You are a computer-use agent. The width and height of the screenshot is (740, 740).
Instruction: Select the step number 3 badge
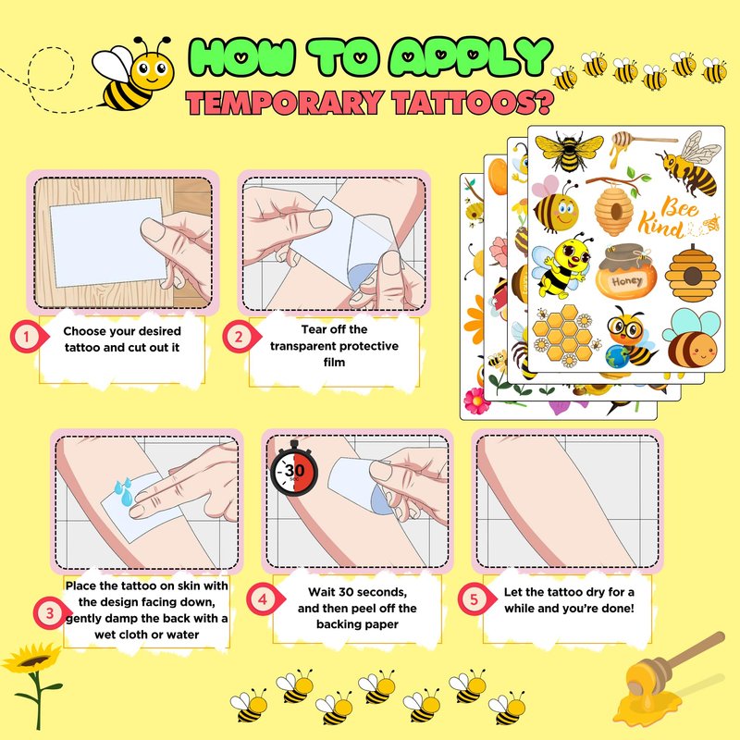pos(51,613)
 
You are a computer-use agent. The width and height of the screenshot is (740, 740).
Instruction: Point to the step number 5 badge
pos(475,598)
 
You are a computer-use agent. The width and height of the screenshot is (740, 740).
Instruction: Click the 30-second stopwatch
pos(294,470)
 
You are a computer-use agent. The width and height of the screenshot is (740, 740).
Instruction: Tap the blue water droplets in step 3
pos(124,492)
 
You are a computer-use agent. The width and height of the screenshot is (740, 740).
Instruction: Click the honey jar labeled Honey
pos(626,271)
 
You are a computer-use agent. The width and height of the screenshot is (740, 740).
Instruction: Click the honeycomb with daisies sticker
pos(564,337)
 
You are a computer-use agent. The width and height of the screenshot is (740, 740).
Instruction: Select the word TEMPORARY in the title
pos(285,103)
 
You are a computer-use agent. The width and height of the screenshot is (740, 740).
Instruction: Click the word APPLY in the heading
pos(472,56)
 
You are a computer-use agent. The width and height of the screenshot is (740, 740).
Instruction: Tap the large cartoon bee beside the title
pos(133,74)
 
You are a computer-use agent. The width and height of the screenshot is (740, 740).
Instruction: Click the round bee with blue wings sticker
pos(692,338)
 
